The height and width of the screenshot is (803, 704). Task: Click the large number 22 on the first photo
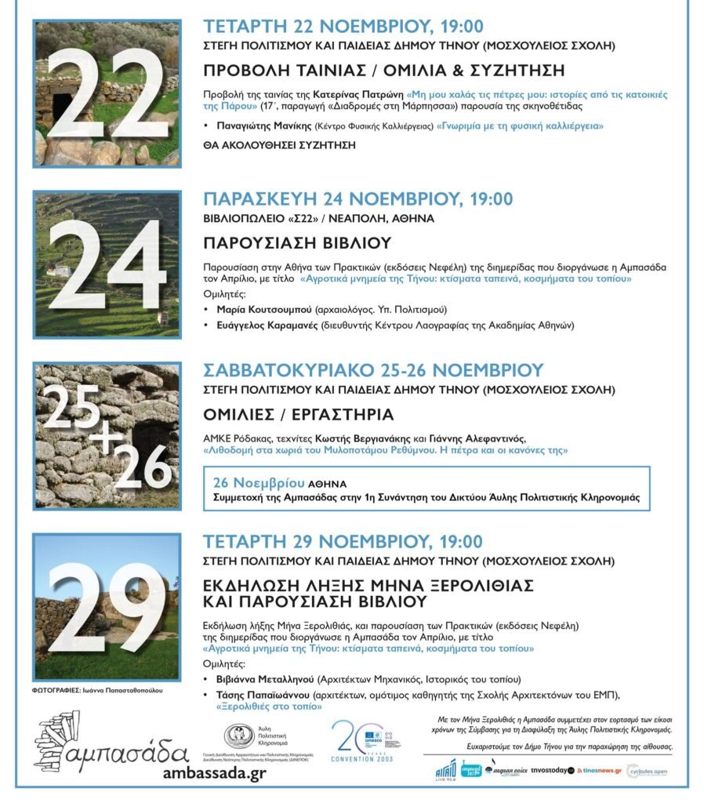click(107, 94)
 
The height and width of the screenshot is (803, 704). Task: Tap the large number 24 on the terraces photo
click(107, 266)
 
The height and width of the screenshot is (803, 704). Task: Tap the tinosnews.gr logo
click(599, 771)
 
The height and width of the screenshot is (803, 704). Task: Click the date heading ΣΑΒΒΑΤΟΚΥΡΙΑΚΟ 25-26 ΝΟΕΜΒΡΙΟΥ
click(373, 369)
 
